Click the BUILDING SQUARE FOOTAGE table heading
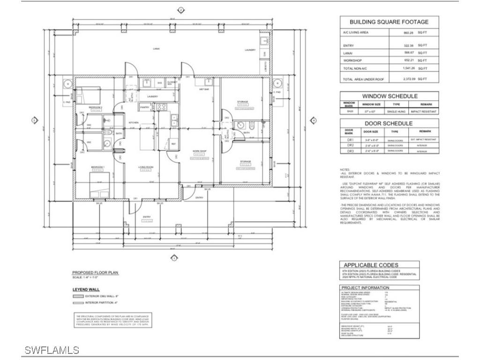[x=389, y=22]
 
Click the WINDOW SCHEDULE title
[x=390, y=96]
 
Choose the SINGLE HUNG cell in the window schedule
[x=396, y=112]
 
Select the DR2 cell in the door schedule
[x=349, y=145]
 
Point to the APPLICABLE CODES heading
[x=371, y=265]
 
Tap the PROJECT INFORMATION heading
[x=366, y=287]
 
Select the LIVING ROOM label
[x=146, y=167]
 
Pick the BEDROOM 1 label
[x=98, y=167]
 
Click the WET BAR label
[x=203, y=89]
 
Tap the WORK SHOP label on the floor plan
[x=199, y=151]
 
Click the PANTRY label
[x=144, y=107]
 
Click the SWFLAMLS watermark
[x=52, y=350]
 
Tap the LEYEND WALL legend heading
[x=86, y=289]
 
